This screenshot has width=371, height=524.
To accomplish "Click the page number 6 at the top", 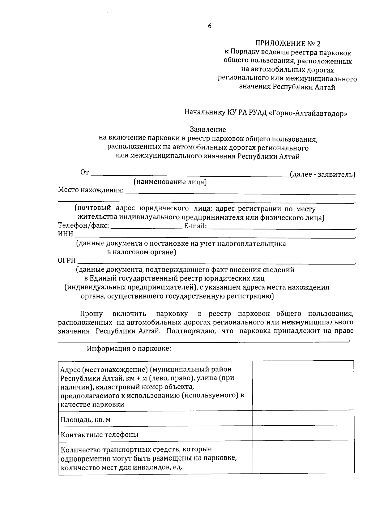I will click(x=210, y=26).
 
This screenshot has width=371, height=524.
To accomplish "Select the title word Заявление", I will click(x=207, y=130).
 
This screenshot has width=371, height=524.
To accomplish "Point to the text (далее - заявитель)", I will click(x=322, y=174).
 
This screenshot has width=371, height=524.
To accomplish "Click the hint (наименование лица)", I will click(x=170, y=182).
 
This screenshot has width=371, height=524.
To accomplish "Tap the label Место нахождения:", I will click(x=91, y=190).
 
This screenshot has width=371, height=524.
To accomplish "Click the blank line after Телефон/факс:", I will click(x=146, y=228).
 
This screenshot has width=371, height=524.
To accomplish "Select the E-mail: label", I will click(x=195, y=226).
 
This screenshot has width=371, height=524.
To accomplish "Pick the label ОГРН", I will click(x=67, y=261).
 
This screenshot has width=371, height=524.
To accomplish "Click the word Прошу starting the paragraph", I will click(x=91, y=314).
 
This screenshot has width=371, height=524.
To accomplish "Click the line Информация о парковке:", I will click(x=129, y=349).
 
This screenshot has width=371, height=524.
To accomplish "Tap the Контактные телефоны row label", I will click(x=99, y=435).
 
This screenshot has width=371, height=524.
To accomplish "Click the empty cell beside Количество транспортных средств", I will click(x=303, y=457).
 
